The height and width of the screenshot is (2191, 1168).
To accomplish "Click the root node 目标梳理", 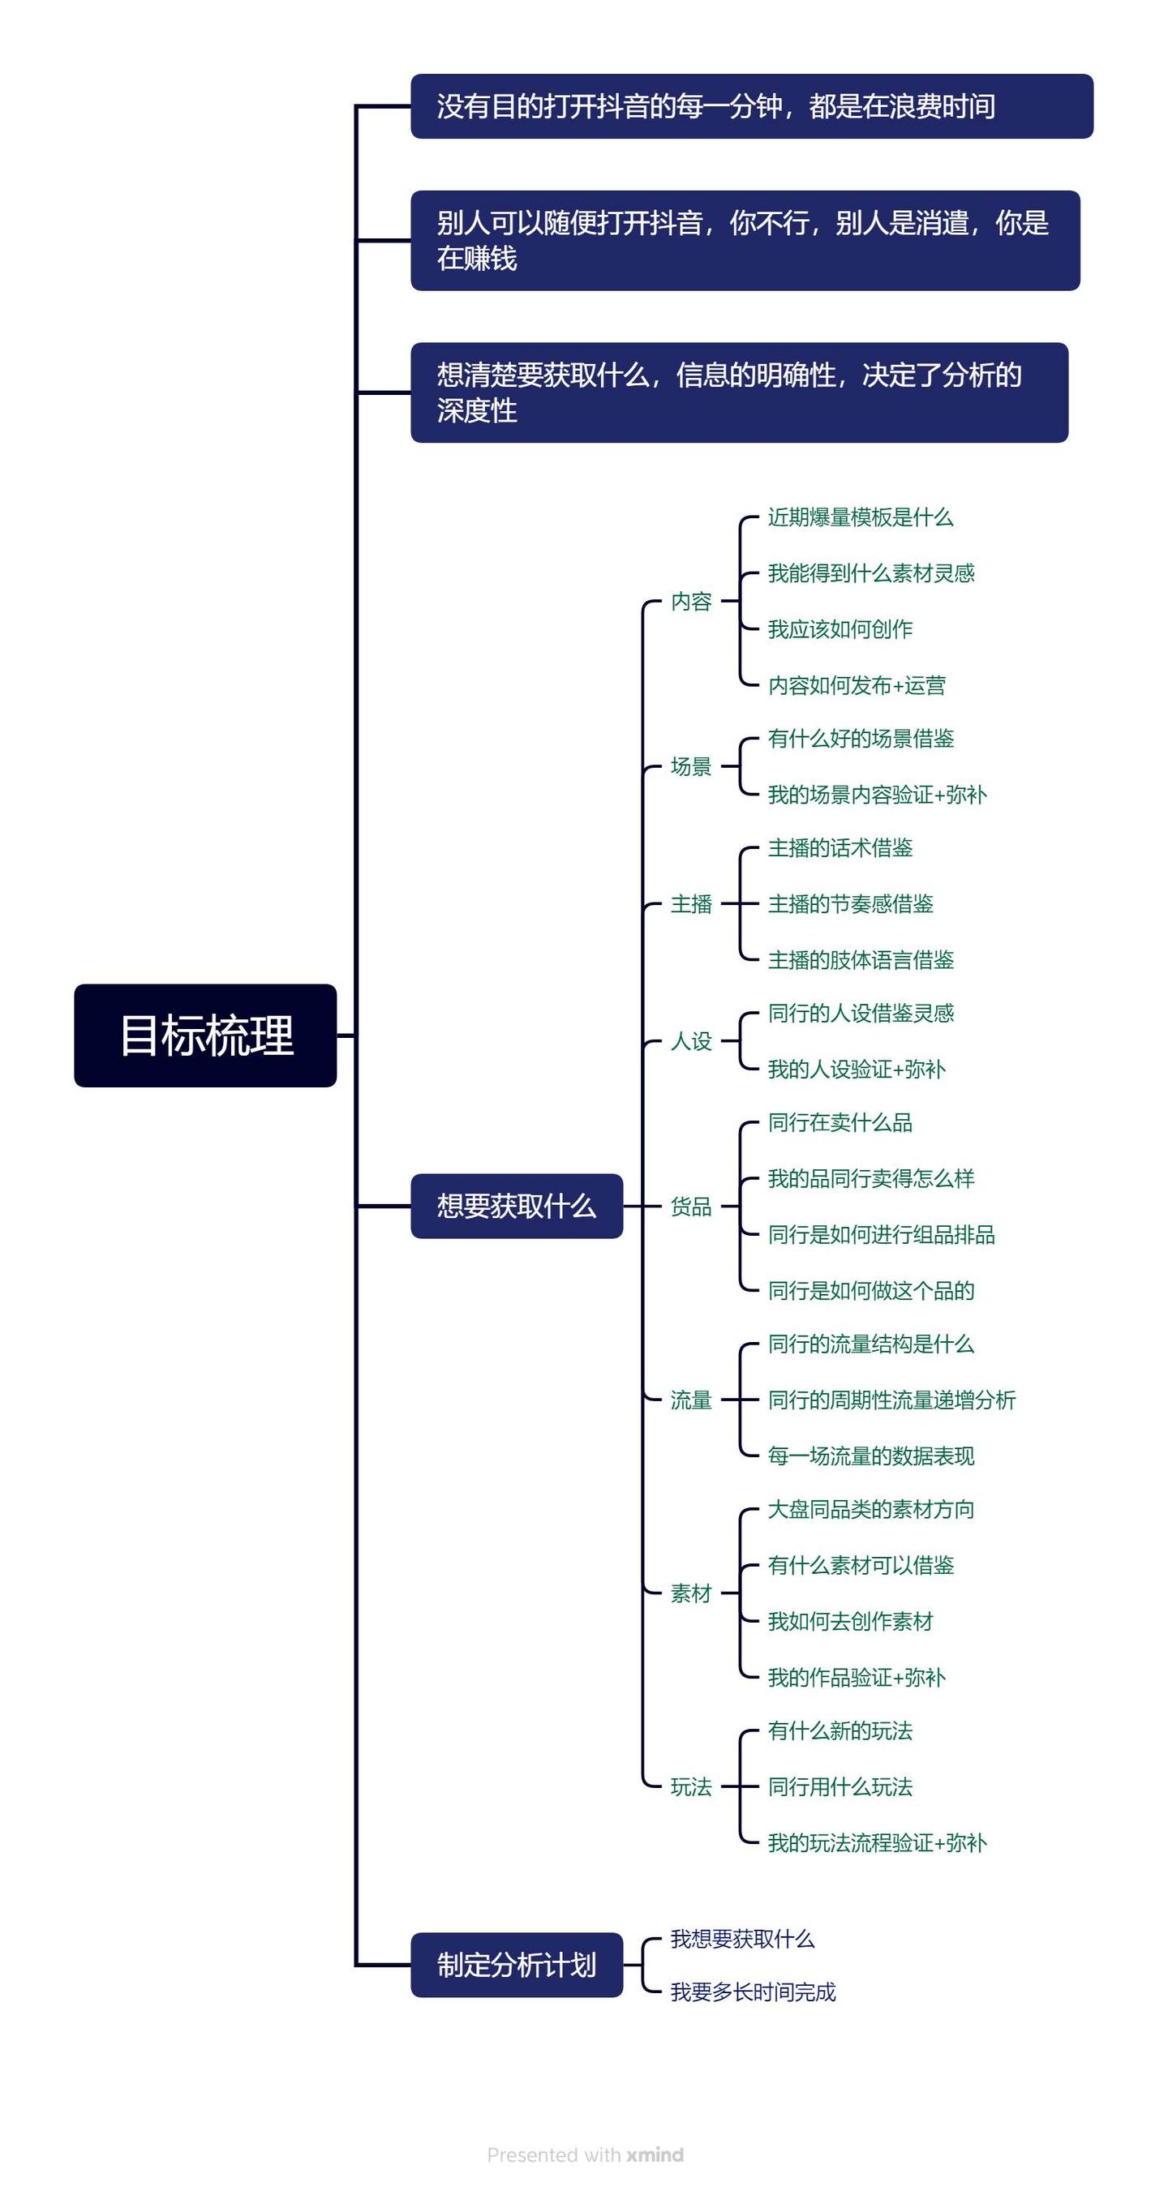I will click(x=205, y=1035).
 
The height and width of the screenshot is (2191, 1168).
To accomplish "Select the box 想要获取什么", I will click(x=517, y=1206).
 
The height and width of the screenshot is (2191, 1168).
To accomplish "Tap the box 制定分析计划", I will click(x=517, y=1965).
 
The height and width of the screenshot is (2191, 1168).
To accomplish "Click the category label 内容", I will click(x=691, y=602).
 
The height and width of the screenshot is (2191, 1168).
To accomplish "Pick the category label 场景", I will click(x=691, y=766).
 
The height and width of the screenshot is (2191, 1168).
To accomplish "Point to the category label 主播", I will click(x=691, y=903).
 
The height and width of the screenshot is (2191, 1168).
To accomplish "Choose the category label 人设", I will click(x=691, y=1041).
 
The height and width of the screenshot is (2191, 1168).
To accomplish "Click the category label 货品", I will click(x=691, y=1206).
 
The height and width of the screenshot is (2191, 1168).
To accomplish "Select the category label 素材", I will click(x=691, y=1593).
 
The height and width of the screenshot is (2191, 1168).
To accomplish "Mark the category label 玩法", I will click(x=691, y=1786).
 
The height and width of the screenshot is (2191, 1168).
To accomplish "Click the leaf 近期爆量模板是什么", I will click(x=860, y=517).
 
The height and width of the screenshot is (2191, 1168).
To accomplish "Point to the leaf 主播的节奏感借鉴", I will click(x=850, y=903).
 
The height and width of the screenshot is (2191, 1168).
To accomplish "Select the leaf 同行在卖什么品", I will click(x=839, y=1123).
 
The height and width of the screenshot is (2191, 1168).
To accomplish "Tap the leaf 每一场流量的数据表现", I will click(x=870, y=1456).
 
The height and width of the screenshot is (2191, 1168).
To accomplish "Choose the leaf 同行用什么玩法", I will click(x=839, y=1786).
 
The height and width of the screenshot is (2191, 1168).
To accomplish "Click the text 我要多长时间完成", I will click(x=753, y=1992).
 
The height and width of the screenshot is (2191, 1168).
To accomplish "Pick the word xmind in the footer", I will click(x=655, y=2155).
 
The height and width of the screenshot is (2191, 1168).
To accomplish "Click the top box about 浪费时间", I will click(x=751, y=106).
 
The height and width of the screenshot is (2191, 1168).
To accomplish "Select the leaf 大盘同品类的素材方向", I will click(x=870, y=1509).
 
